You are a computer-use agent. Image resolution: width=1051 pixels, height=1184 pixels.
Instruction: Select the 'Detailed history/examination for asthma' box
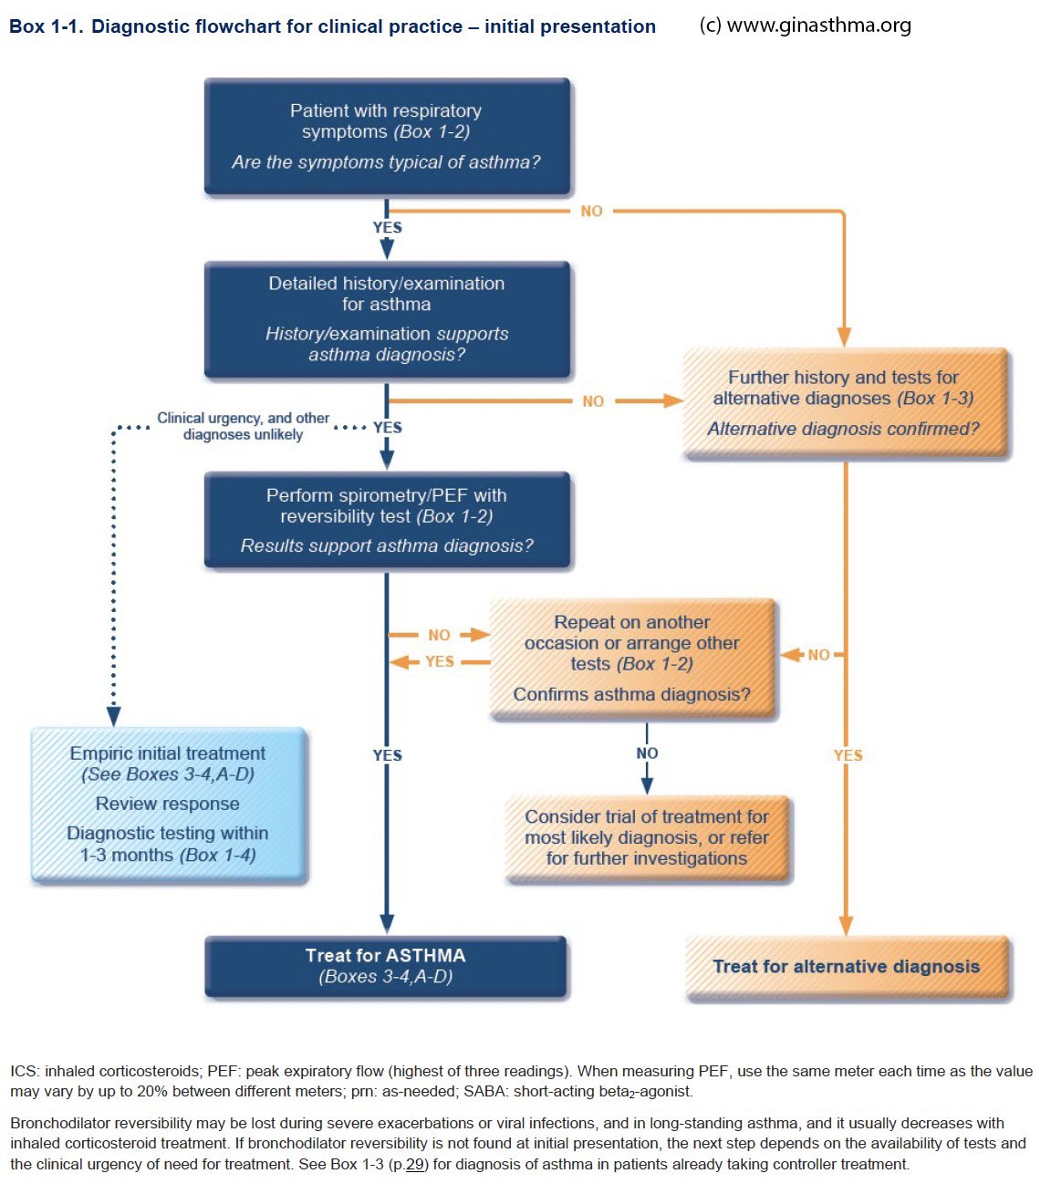click(x=387, y=318)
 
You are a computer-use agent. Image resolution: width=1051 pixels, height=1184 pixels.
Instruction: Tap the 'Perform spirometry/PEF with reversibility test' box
click(x=387, y=519)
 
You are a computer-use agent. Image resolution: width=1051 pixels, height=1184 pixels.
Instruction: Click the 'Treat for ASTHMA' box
click(x=386, y=965)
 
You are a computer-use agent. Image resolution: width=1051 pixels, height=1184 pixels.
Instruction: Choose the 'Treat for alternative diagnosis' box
click(x=846, y=967)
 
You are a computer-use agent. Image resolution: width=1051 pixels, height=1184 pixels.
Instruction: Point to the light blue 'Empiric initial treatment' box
click(x=169, y=804)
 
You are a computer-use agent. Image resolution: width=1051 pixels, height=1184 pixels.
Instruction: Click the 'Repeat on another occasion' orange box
click(x=632, y=658)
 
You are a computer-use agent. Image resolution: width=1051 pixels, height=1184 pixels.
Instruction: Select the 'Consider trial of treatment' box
click(x=647, y=836)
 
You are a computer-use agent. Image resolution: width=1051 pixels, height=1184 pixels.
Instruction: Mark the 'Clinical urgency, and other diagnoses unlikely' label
click(x=243, y=426)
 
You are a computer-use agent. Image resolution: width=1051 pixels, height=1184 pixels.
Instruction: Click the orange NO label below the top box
click(x=591, y=211)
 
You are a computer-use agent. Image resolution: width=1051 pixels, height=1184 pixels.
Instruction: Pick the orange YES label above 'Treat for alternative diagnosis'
click(x=848, y=755)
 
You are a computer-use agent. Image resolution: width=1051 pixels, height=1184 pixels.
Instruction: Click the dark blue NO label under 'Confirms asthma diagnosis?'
click(x=647, y=753)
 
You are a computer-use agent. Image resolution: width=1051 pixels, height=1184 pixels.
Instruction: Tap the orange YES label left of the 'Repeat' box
click(x=440, y=661)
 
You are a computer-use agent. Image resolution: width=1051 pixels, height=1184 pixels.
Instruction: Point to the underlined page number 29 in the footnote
click(x=416, y=1164)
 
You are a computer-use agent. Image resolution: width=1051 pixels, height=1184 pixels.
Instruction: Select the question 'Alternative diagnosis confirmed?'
click(x=843, y=429)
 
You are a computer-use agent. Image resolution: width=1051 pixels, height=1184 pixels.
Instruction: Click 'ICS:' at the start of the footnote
click(x=25, y=1071)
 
